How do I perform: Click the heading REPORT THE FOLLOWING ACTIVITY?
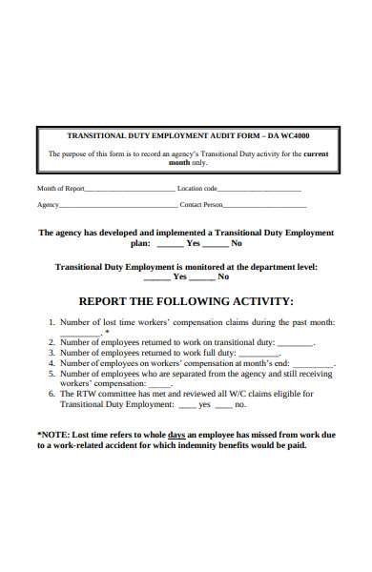[x=185, y=300]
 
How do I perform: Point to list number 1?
[x=52, y=323]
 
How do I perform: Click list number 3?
[x=52, y=353]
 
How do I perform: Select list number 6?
[x=52, y=394]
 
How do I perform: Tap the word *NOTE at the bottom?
[x=53, y=434]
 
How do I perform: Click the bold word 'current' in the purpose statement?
[x=316, y=153]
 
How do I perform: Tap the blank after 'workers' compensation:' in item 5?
[x=159, y=385]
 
